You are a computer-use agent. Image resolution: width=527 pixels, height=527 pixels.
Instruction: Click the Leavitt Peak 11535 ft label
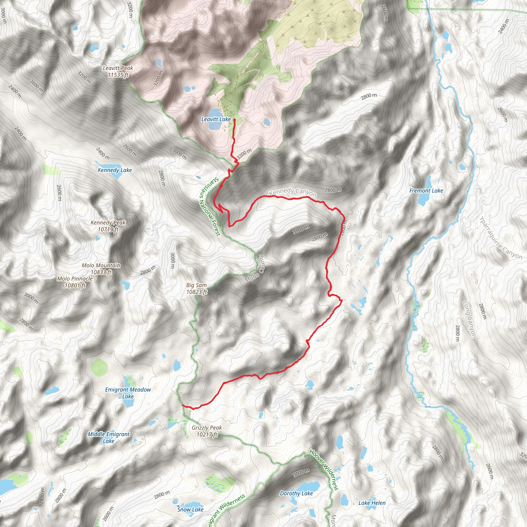tap(118, 72)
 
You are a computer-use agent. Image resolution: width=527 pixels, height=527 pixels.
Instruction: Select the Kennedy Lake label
tap(115, 170)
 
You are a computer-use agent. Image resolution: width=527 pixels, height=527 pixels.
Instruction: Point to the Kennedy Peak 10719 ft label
tap(108, 226)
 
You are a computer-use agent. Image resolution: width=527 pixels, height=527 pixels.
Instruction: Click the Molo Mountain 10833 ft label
tap(101, 269)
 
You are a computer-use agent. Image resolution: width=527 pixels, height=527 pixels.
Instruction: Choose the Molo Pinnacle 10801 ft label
tap(75, 282)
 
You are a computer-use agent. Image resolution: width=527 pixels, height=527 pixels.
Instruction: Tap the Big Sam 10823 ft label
tap(196, 288)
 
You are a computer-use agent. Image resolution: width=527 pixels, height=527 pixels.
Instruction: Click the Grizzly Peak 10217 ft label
tap(207, 431)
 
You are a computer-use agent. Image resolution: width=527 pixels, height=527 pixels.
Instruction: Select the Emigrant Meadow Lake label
tap(128, 393)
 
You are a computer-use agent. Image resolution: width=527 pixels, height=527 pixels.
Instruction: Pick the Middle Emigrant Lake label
tap(109, 437)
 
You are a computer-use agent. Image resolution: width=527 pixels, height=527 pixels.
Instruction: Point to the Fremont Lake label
tap(426, 191)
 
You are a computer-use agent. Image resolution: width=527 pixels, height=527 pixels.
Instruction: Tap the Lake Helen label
tap(372, 503)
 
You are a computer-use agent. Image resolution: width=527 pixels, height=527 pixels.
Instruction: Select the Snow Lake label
tap(190, 509)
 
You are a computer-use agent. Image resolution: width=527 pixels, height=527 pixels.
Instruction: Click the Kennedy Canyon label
tap(292, 192)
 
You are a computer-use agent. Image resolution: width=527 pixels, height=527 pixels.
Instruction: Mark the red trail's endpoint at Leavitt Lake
tap(234, 119)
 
